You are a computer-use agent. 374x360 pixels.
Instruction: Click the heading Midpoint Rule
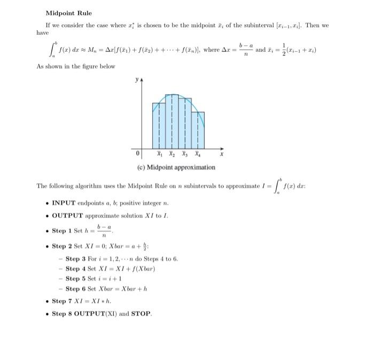[x=68, y=13]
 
